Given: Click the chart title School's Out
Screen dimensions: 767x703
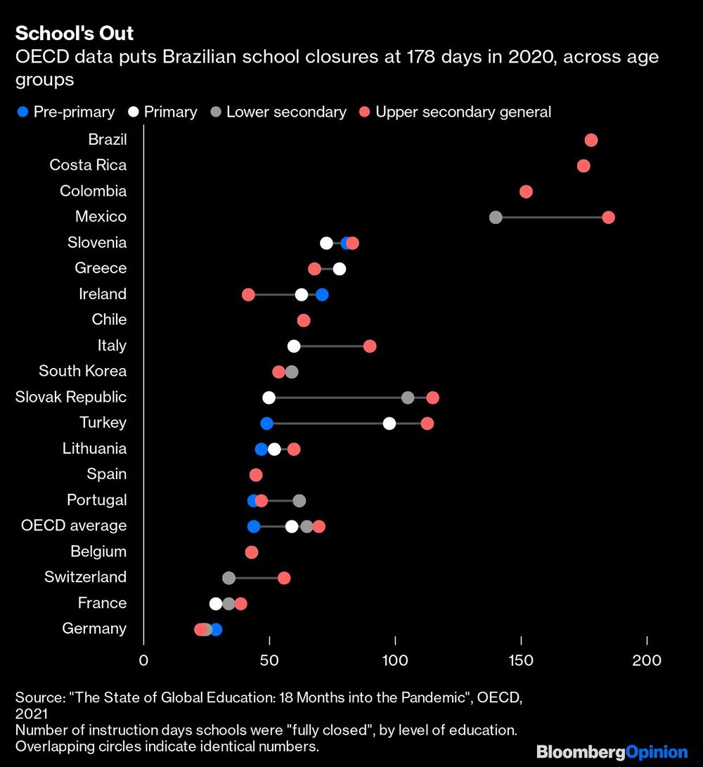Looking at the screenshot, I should pyautogui.click(x=74, y=33).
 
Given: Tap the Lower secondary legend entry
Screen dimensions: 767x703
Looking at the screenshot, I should pyautogui.click(x=278, y=112).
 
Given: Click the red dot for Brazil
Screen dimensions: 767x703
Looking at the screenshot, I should pyautogui.click(x=591, y=140).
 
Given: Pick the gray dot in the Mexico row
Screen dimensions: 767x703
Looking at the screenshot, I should pyautogui.click(x=496, y=217).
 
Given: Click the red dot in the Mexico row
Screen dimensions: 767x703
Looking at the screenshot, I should pyautogui.click(x=608, y=217).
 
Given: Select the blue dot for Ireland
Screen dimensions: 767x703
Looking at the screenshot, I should pyautogui.click(x=322, y=294).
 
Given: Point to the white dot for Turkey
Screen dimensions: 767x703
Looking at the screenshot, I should pyautogui.click(x=389, y=423).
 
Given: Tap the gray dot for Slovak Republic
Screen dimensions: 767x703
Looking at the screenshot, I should pyautogui.click(x=408, y=398).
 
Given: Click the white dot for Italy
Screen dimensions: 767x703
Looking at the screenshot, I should pyautogui.click(x=294, y=346).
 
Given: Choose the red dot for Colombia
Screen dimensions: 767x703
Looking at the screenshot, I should pyautogui.click(x=526, y=192).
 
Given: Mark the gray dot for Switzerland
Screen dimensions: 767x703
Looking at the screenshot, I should pyautogui.click(x=228, y=578).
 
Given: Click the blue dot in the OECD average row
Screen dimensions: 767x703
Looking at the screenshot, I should pyautogui.click(x=253, y=526).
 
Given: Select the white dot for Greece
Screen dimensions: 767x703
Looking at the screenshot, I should pyautogui.click(x=340, y=268).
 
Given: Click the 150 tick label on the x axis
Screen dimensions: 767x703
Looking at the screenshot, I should pyautogui.click(x=521, y=660).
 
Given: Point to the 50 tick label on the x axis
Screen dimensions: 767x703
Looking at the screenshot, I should pyautogui.click(x=269, y=660).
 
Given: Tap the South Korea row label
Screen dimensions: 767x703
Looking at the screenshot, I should pyautogui.click(x=83, y=372).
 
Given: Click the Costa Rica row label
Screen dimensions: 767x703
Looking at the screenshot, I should pyautogui.click(x=88, y=165).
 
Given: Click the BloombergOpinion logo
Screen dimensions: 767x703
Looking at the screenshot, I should pyautogui.click(x=612, y=752).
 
